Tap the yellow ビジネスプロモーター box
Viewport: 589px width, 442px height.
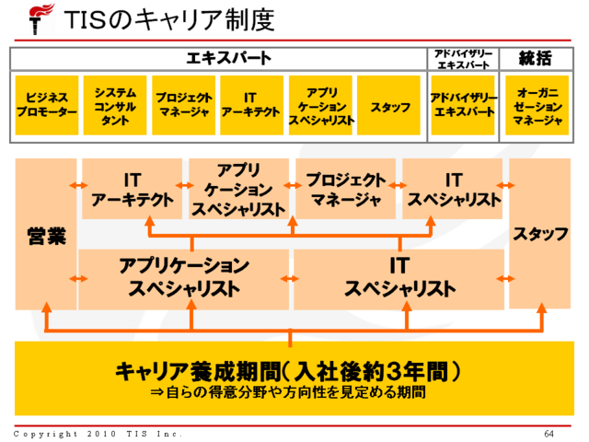click(x=47, y=107)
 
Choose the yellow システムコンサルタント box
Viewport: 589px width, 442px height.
click(x=115, y=107)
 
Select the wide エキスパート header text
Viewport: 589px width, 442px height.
click(x=229, y=58)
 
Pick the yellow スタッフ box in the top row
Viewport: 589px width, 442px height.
click(x=390, y=107)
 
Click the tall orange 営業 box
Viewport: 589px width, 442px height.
click(x=46, y=235)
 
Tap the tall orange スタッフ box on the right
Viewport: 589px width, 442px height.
click(x=540, y=234)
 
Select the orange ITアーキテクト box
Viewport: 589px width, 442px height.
click(x=132, y=189)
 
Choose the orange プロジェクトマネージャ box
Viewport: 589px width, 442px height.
click(x=345, y=189)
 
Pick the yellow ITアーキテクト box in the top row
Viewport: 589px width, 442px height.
click(x=250, y=107)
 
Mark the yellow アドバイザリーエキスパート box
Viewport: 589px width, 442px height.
click(x=464, y=107)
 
